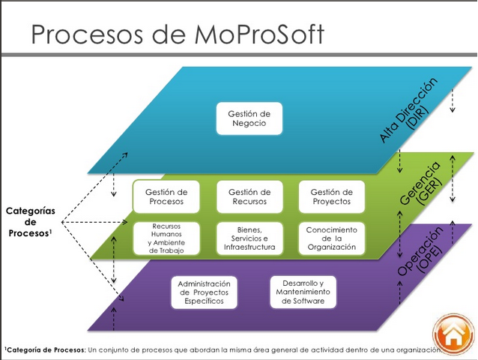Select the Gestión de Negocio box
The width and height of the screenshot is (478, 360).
coord(249,118)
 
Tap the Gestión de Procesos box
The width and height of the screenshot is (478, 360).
coord(166,197)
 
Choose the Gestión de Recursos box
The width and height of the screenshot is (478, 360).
coord(249,197)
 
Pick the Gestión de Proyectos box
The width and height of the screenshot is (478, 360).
coord(331,197)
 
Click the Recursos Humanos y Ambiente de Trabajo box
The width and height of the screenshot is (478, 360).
coord(166,238)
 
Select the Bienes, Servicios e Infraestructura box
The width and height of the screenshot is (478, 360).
coord(249,238)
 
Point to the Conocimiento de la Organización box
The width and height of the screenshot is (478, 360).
coord(331,238)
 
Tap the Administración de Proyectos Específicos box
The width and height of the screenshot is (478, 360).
coord(204,291)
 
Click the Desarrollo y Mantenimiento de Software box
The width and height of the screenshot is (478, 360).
coord(303,291)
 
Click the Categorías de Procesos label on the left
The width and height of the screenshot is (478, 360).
coord(31,222)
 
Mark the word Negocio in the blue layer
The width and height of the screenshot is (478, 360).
coord(249,124)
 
